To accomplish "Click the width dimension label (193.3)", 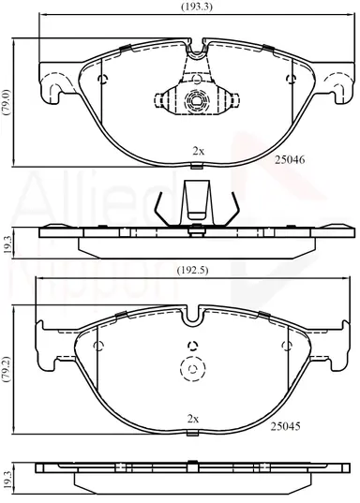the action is [x=197, y=7].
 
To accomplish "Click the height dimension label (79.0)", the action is [x=7, y=102].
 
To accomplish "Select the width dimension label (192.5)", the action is [x=193, y=271].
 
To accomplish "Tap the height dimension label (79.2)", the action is [x=7, y=369].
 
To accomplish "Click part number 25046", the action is [x=290, y=159].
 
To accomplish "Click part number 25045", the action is [x=286, y=426].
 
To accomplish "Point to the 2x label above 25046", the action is [x=198, y=151].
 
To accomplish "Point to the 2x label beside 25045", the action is [x=193, y=419].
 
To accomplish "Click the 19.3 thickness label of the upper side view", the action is [x=7, y=244].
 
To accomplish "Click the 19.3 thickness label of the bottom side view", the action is [x=7, y=480].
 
